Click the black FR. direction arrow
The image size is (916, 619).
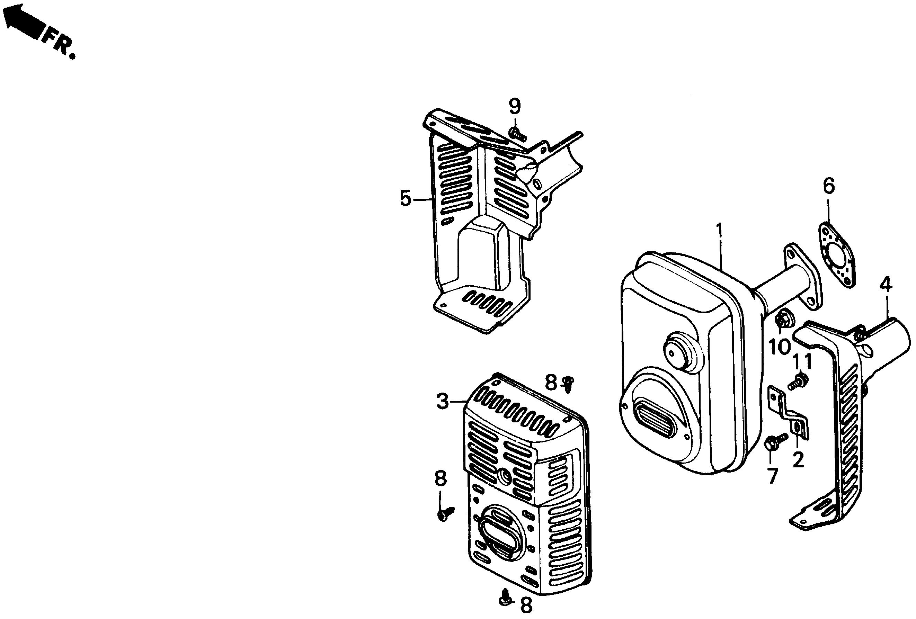pyautogui.click(x=25, y=24)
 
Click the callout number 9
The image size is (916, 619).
pyautogui.click(x=514, y=106)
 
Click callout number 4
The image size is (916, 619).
pyautogui.click(x=886, y=285)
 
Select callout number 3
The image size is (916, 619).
pyautogui.click(x=443, y=402)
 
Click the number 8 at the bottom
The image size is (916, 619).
pyautogui.click(x=526, y=605)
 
